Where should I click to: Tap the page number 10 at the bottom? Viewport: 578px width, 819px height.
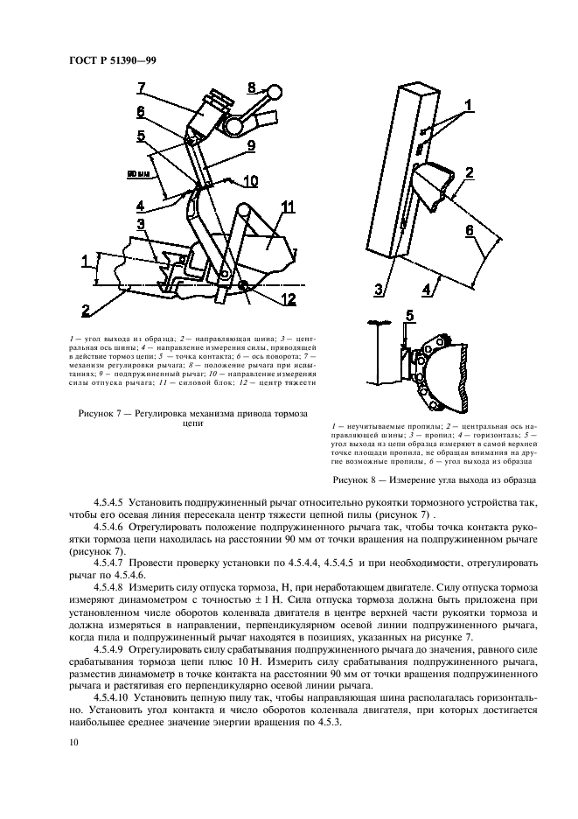[73, 742]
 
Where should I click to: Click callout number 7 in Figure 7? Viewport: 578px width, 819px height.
[141, 87]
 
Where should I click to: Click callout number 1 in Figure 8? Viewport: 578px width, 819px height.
[468, 106]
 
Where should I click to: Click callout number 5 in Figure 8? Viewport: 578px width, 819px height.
[410, 314]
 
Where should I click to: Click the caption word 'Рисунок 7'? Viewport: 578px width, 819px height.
[101, 412]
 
